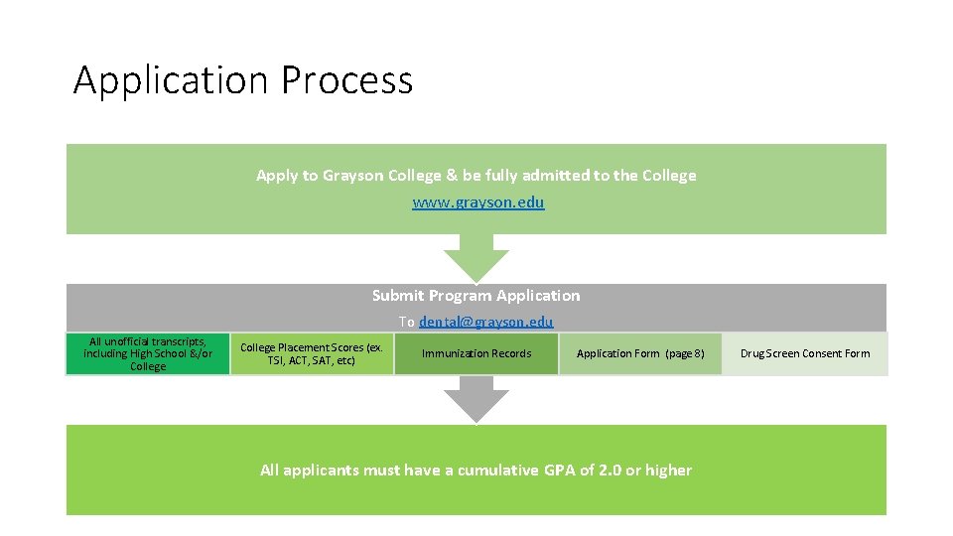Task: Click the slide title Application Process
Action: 242,79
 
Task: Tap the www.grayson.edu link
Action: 477,202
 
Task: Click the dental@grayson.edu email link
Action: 485,322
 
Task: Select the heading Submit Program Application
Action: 476,295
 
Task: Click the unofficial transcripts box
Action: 148,354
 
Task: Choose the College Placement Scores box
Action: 312,354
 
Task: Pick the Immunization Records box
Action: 476,354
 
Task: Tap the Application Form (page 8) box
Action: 640,354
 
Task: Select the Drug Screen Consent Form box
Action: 805,354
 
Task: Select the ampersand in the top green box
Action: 452,176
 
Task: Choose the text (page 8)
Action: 685,354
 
